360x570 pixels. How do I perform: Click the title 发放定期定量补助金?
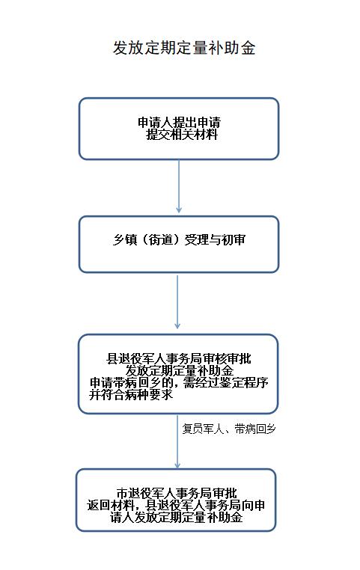184,48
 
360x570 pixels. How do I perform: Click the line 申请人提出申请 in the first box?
179,122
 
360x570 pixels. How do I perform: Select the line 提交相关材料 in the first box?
182,135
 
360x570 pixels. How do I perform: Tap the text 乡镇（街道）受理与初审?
179,239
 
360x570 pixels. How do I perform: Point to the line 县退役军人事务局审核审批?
179,359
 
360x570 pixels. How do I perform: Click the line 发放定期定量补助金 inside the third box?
180,371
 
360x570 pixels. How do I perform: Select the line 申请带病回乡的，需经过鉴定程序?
179,382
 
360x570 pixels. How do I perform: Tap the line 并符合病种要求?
131,394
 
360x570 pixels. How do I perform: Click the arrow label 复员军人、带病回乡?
229,429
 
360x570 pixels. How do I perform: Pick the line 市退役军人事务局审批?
177,493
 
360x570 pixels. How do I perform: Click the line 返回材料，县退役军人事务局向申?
176,505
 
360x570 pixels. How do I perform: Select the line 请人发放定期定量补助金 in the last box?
177,518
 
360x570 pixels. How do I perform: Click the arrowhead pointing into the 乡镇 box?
179,210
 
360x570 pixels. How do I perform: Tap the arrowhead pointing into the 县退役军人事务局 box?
177,325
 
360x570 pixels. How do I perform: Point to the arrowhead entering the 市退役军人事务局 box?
177,465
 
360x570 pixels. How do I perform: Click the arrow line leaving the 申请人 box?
179,186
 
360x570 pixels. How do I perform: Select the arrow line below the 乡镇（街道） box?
177,301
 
